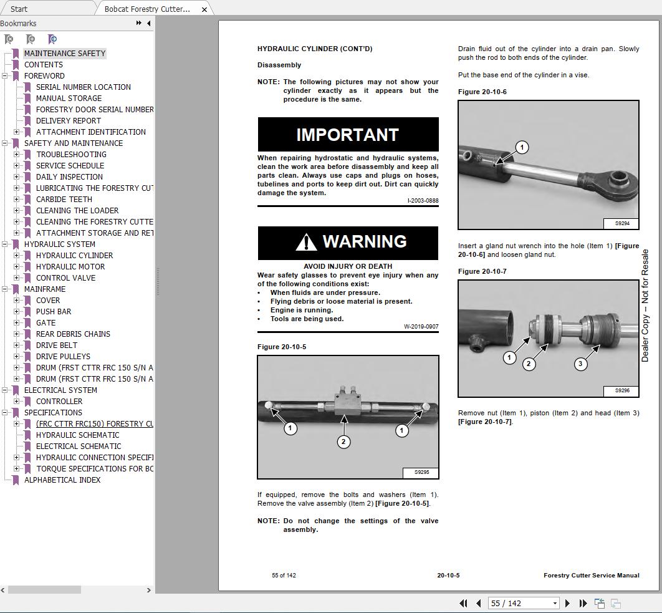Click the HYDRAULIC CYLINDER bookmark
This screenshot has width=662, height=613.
tap(74, 256)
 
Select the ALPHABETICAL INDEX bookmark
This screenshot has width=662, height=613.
tap(62, 480)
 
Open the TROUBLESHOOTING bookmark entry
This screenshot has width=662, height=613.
tap(71, 155)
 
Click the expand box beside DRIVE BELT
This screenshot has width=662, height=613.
tap(17, 345)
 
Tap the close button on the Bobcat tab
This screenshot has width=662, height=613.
tap(204, 9)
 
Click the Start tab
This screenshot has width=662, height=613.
tap(19, 9)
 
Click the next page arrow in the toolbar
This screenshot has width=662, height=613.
tap(567, 603)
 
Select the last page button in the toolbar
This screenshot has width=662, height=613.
tap(583, 603)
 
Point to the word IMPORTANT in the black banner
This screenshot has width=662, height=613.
tap(347, 135)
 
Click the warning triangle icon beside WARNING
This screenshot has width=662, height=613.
tap(305, 242)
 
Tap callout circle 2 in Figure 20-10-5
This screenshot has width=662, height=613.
tap(343, 442)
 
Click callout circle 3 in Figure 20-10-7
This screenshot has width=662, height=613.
tap(580, 364)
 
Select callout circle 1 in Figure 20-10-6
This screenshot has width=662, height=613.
tap(522, 147)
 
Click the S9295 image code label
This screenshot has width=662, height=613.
tap(421, 472)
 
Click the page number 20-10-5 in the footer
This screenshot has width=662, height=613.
tap(448, 576)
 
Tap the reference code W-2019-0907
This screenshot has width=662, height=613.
tap(421, 327)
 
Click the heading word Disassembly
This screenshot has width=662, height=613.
tap(279, 65)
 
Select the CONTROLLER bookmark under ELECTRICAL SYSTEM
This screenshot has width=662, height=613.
tap(59, 402)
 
